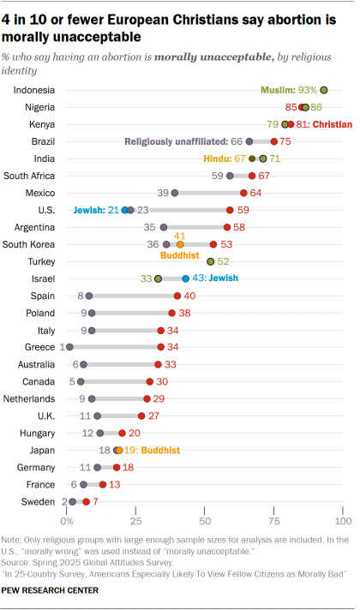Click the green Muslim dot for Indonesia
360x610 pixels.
coord(324,90)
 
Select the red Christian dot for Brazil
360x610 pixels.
coord(274,141)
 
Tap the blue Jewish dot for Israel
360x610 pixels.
coord(185,278)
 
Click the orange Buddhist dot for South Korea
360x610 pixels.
coord(180,244)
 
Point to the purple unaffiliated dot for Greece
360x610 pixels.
coord(69,347)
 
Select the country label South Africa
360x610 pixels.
coord(31,176)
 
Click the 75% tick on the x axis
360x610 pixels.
coord(274,521)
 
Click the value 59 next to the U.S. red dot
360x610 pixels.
coord(243,210)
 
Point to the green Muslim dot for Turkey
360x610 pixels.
coord(210,261)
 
